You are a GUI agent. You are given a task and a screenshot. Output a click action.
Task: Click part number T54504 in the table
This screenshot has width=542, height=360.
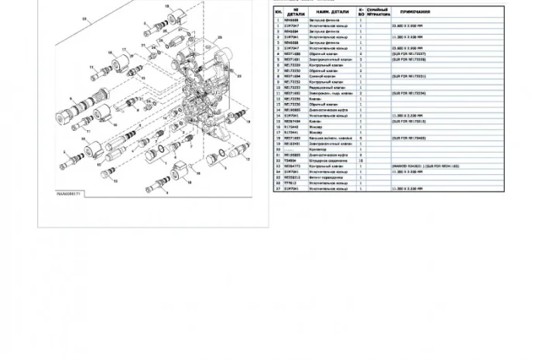291,160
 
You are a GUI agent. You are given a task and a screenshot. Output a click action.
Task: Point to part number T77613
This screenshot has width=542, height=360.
292,182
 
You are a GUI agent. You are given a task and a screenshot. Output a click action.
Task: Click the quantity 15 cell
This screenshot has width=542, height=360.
361,160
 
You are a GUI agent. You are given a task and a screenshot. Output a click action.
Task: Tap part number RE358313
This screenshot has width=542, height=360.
293,177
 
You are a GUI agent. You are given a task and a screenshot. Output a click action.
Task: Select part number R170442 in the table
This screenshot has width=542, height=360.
292,127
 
